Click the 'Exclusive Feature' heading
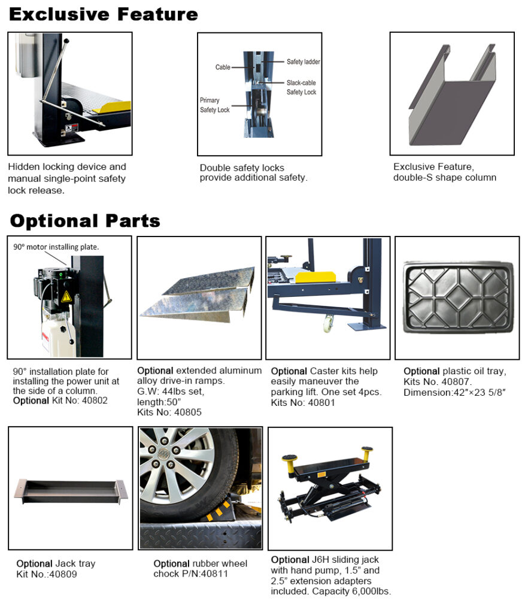click(103, 14)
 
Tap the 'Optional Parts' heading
click(85, 221)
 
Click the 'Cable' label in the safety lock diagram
click(223, 68)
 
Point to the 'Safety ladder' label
click(303, 62)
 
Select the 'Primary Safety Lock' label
click(214, 105)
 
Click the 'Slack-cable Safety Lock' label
click(301, 87)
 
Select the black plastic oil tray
click(457, 296)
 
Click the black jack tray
click(71, 489)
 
